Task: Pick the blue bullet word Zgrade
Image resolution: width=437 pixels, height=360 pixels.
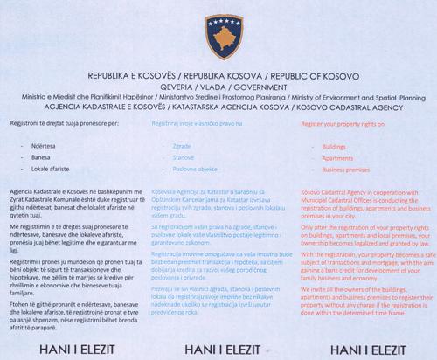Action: pyautogui.click(x=183, y=148)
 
